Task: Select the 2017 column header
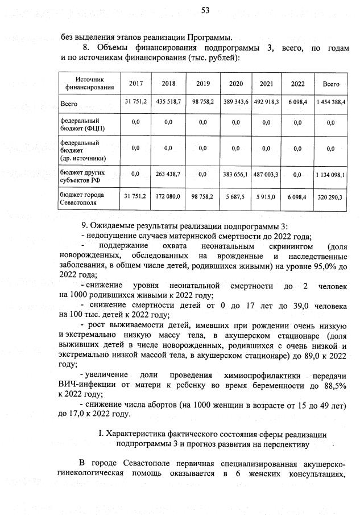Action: click(x=136, y=84)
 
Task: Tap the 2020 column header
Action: click(x=236, y=84)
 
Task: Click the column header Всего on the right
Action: click(x=330, y=84)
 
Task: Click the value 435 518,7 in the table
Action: click(x=169, y=101)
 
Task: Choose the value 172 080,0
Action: click(x=169, y=196)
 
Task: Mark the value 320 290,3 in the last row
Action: click(x=330, y=196)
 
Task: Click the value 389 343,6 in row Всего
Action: click(x=236, y=101)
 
